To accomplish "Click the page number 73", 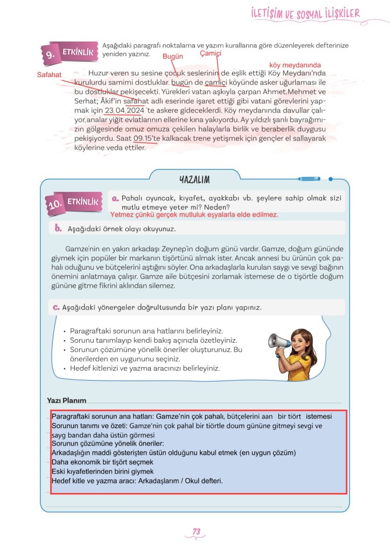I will tap(196, 532).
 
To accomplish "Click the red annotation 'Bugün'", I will tap(173, 56).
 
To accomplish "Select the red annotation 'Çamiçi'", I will tap(211, 54).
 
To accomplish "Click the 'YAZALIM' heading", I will tap(194, 180).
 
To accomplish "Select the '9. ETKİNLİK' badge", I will tap(71, 52).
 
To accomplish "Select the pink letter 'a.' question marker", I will tap(115, 198).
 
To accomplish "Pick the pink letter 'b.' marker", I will tap(59, 228).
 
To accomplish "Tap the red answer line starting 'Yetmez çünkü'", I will tap(194, 215).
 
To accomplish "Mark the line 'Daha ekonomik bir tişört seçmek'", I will tap(102, 462).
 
